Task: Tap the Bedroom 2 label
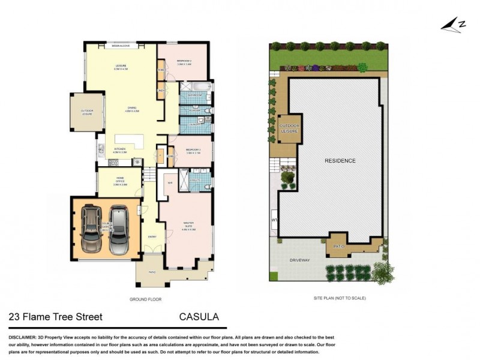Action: [184, 62]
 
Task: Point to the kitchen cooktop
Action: [137, 161]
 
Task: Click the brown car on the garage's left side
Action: [92, 230]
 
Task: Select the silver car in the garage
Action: [118, 230]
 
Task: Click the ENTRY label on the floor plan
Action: [152, 236]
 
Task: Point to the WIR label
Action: [170, 182]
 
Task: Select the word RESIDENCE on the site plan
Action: [340, 161]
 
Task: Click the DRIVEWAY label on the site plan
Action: [299, 261]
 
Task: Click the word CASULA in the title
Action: [199, 317]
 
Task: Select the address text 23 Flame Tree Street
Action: [55, 317]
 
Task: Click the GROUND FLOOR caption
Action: [146, 299]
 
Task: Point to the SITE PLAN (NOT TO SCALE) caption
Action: [340, 298]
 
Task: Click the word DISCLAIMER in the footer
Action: [22, 337]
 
